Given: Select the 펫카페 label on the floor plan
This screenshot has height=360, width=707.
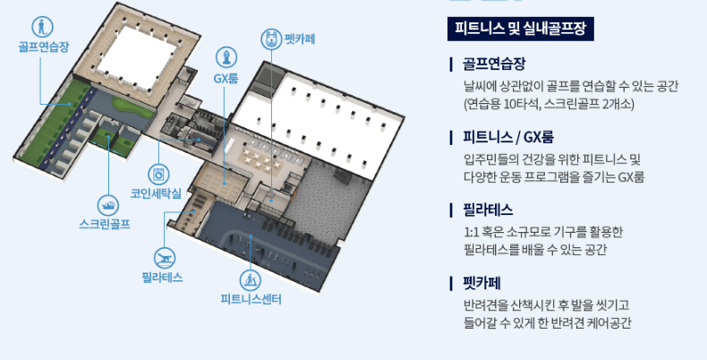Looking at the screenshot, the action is pyautogui.click(x=301, y=39).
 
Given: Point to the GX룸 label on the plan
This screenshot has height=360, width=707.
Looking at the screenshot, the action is pyautogui.click(x=226, y=79).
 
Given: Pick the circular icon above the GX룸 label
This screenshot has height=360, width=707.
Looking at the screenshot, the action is pyautogui.click(x=226, y=56).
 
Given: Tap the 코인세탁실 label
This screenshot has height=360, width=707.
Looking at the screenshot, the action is pyautogui.click(x=158, y=193).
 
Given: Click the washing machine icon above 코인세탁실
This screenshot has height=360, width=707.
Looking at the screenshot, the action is pyautogui.click(x=159, y=171).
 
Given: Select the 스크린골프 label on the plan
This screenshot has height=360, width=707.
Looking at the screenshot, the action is pyautogui.click(x=105, y=224).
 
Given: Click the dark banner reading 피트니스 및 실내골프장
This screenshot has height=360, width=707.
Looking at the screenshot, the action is pyautogui.click(x=521, y=29).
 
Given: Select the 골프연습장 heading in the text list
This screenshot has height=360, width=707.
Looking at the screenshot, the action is pyautogui.click(x=494, y=64).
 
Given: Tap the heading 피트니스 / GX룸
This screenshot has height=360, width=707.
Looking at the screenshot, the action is pyautogui.click(x=507, y=137).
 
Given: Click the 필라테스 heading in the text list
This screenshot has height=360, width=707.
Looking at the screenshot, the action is pyautogui.click(x=488, y=210).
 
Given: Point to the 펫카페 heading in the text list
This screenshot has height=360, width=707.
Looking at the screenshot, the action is pyautogui.click(x=481, y=283).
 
